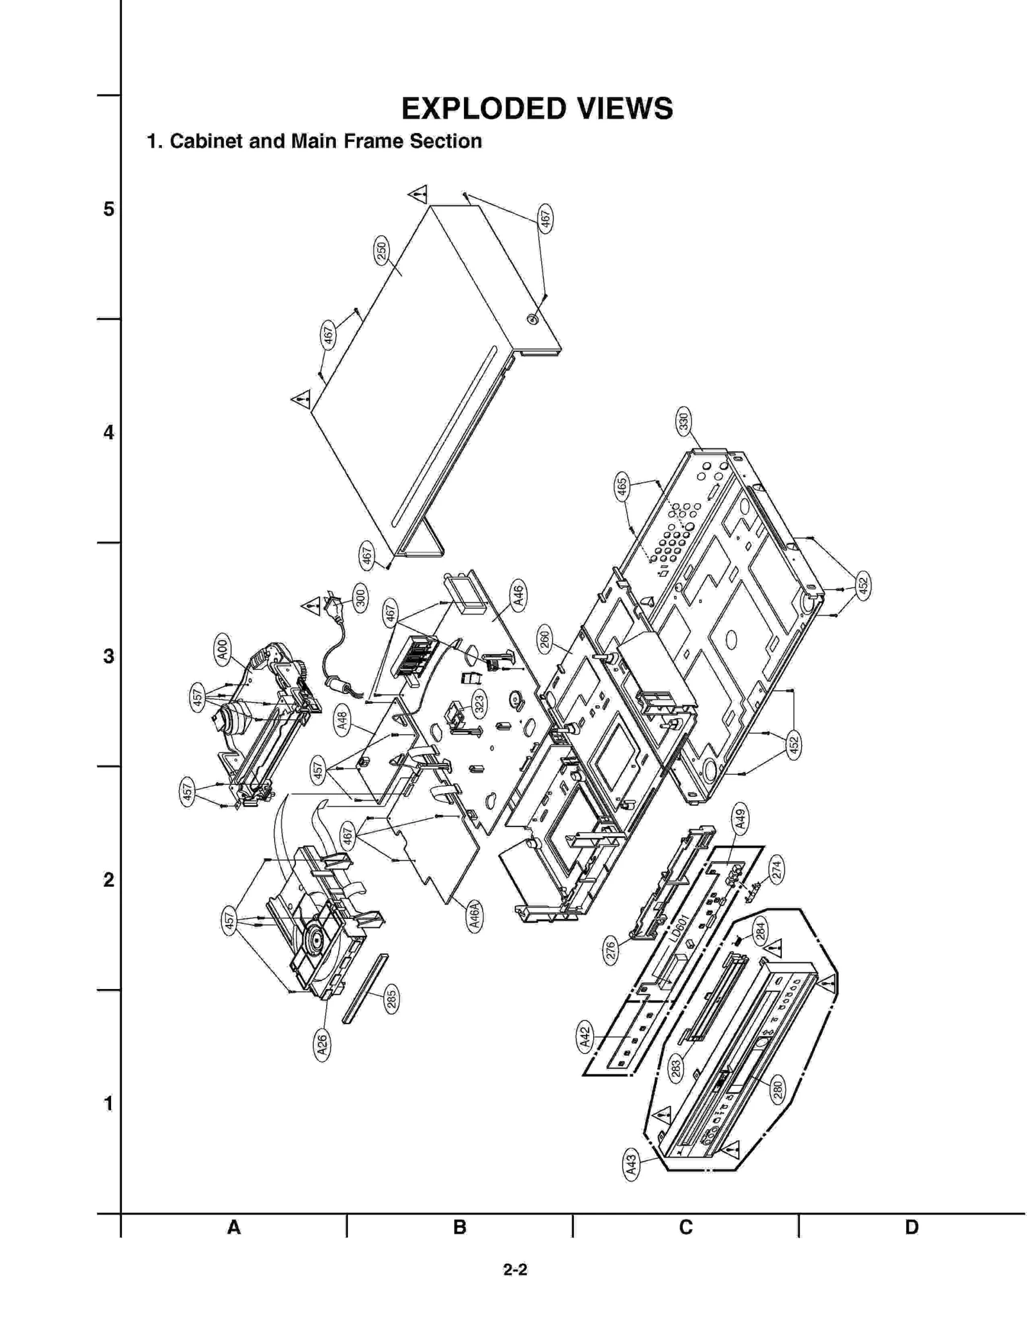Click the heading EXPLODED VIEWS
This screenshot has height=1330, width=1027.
coord(537,109)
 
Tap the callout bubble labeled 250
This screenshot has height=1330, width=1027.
coord(381,251)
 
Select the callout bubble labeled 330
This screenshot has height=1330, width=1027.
coord(684,421)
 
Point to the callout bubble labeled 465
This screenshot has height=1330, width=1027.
coord(621,487)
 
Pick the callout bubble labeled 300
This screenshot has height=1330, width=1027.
coord(361,598)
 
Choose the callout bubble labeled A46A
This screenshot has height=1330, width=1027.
coord(474,916)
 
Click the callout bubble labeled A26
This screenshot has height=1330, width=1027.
coord(322,1045)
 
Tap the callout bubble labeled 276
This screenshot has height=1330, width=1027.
coord(611,950)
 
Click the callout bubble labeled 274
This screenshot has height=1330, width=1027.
coord(777,870)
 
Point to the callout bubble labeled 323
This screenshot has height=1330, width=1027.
coord(479,704)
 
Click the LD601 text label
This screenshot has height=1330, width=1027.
coord(677,928)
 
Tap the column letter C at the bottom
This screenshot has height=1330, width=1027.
coord(686,1227)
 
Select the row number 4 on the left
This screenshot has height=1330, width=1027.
coord(108,432)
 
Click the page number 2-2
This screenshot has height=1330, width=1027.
coord(515,1269)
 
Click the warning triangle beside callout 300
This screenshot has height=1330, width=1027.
coord(311,606)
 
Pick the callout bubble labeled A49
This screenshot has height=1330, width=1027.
coord(739,818)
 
